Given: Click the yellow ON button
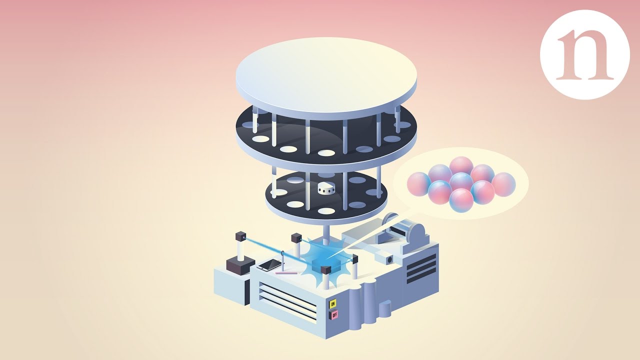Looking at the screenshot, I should (x=333, y=303).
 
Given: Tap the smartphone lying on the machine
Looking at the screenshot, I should (x=268, y=265).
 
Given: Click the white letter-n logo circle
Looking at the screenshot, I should (x=584, y=54).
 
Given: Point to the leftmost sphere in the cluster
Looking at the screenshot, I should (x=418, y=184).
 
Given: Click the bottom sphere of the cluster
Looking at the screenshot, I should (x=460, y=201).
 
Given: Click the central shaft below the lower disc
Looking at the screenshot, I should (x=326, y=231).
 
